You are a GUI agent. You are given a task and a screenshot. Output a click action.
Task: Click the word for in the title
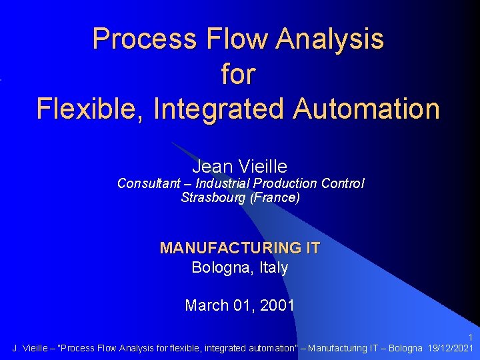(238, 74)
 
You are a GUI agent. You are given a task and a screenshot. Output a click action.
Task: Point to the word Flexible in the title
(89, 109)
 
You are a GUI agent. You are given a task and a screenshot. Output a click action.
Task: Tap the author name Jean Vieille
(239, 167)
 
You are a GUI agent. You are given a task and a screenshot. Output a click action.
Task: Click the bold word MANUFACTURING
(231, 248)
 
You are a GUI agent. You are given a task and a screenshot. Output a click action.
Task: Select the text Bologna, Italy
(239, 268)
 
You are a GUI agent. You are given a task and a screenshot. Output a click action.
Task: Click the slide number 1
(471, 337)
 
